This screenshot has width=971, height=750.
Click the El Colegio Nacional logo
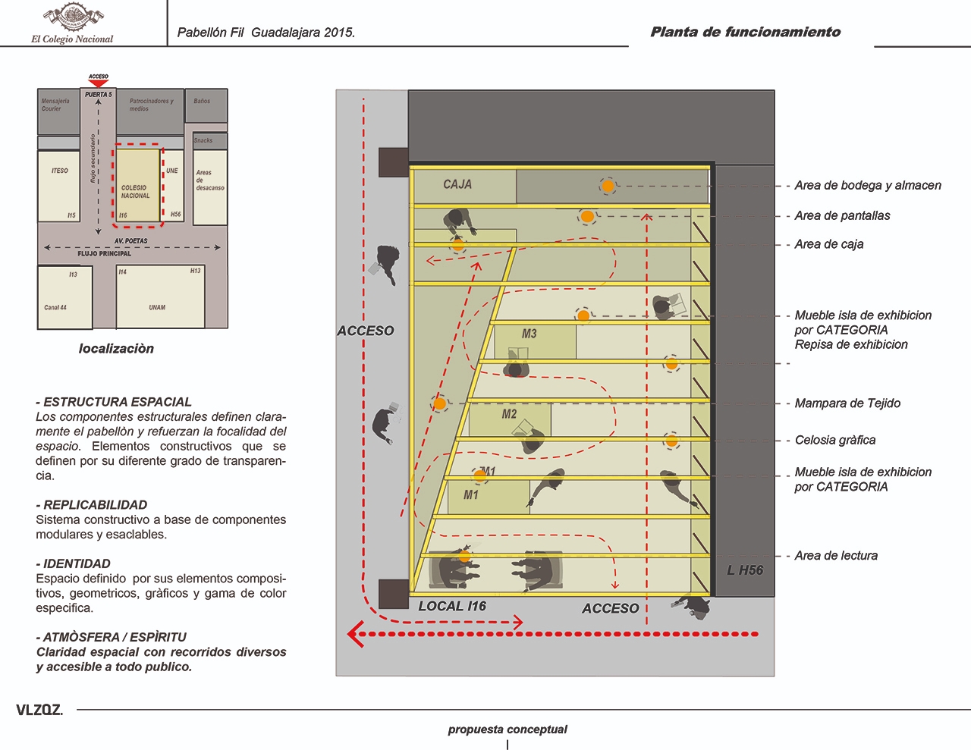[x=73, y=24]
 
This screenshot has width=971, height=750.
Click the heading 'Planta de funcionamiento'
[x=745, y=32]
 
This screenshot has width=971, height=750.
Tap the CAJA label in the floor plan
[x=457, y=184]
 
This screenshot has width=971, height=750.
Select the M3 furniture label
[x=529, y=334]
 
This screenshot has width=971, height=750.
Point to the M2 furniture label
[x=509, y=414]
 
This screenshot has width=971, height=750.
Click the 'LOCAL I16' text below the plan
[x=452, y=606]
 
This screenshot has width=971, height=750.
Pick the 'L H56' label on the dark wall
[x=745, y=570]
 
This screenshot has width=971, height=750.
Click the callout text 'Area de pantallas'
[x=842, y=215]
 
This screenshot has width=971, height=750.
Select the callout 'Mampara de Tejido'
[x=847, y=403]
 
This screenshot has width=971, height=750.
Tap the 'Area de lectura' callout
[x=836, y=556]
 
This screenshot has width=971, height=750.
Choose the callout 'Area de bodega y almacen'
[x=868, y=185]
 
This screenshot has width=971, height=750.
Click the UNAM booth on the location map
[x=157, y=307]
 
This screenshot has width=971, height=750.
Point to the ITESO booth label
[x=60, y=171]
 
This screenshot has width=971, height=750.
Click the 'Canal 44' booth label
[x=55, y=307]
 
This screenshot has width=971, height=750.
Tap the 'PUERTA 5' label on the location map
[x=99, y=95]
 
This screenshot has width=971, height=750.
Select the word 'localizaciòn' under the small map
[x=116, y=349]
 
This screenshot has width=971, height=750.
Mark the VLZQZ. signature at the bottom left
[x=39, y=711]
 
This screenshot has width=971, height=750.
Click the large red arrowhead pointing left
[x=355, y=634]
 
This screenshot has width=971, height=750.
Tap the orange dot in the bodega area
[x=608, y=186]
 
